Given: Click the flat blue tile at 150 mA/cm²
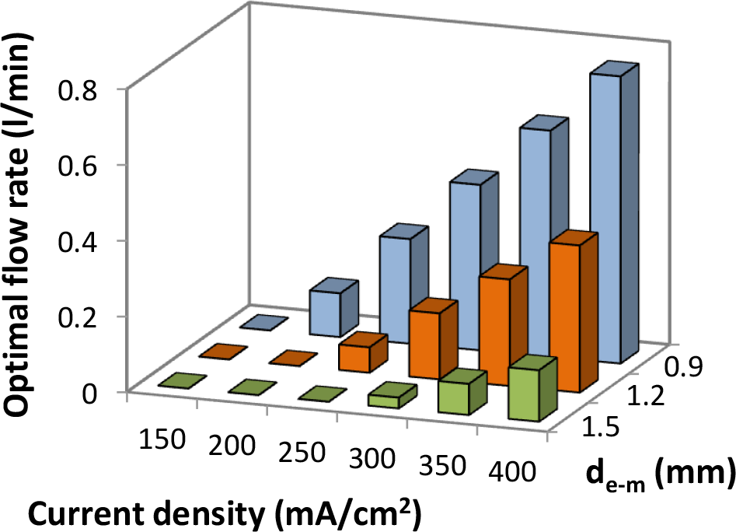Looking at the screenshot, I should (264, 323).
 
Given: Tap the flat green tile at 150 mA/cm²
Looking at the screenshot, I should (180, 380).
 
